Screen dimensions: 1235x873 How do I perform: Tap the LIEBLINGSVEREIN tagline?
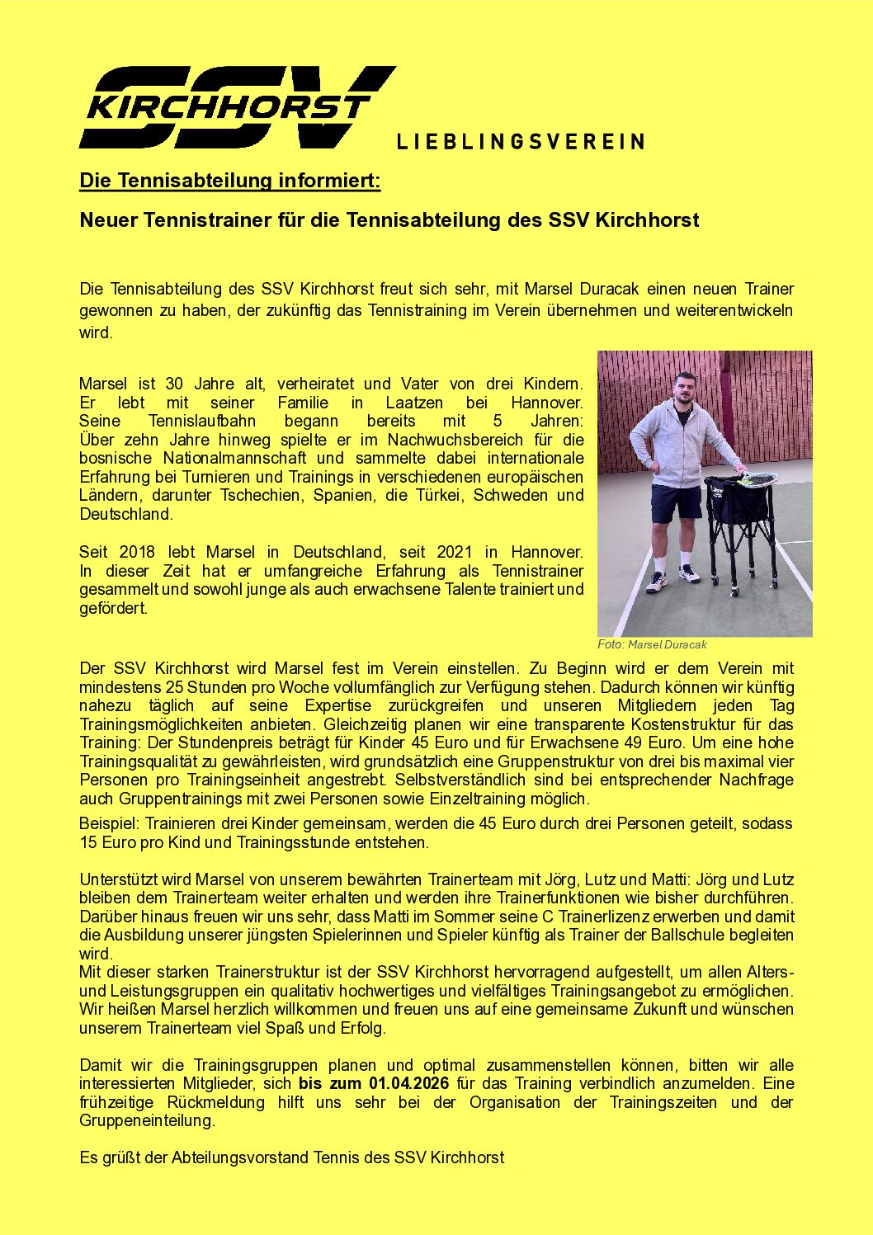click(520, 142)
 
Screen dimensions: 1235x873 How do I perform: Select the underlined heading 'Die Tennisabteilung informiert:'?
click(229, 181)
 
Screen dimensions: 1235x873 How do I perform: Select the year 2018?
click(137, 552)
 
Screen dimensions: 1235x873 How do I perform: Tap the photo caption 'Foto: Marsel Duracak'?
click(652, 644)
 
